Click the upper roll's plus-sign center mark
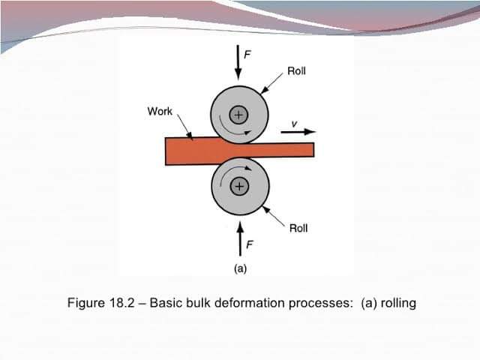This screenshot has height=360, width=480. click(x=239, y=115)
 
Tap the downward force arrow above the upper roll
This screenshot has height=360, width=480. click(x=238, y=62)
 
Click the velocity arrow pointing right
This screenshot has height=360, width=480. click(x=301, y=132)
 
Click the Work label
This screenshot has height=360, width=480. click(x=160, y=112)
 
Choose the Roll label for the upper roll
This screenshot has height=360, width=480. click(x=296, y=72)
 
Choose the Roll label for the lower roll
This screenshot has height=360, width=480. click(x=298, y=228)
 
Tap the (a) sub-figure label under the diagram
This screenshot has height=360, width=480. click(x=240, y=267)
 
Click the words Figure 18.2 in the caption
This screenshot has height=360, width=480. click(x=101, y=304)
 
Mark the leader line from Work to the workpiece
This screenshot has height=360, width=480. click(x=184, y=128)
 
